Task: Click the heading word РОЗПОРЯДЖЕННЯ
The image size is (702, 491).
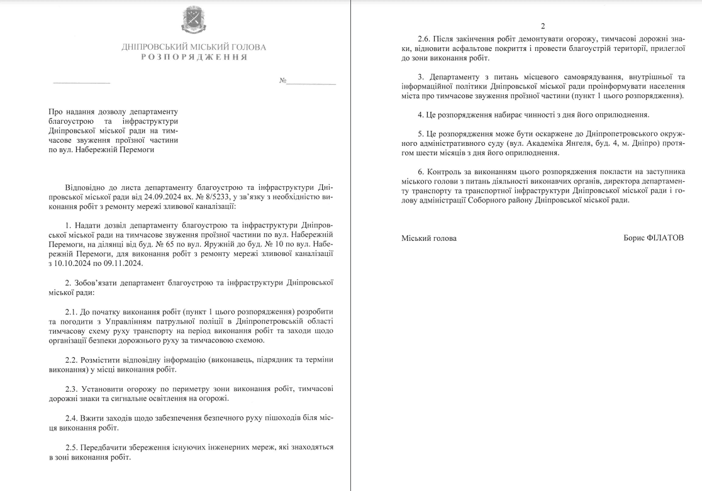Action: coord(194,57)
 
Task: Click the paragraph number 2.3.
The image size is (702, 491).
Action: coord(72,389)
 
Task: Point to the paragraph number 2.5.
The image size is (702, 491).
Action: coord(72,447)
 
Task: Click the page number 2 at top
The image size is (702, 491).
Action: coord(543,26)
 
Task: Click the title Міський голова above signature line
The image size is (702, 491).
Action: coord(429,238)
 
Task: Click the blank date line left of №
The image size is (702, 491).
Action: coord(81,82)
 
